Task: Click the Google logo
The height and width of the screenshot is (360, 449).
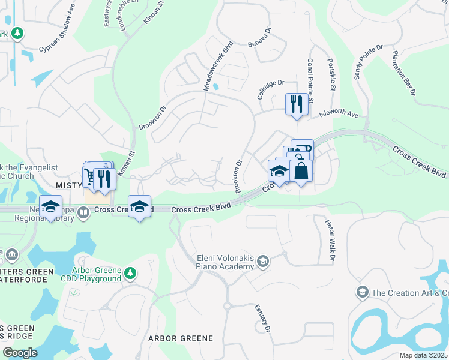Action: tap(20, 353)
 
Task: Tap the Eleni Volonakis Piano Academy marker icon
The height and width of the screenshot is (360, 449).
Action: tap(263, 262)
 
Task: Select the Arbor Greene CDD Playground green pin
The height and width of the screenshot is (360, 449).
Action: tap(130, 274)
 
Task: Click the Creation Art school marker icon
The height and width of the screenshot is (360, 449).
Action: tap(362, 292)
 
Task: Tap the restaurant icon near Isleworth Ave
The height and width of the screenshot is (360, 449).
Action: tap(296, 104)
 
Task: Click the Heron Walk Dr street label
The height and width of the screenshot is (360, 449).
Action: tap(330, 240)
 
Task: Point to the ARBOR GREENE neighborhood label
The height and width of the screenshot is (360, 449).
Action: tap(181, 338)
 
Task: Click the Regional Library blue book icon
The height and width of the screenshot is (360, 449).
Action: tap(83, 211)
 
